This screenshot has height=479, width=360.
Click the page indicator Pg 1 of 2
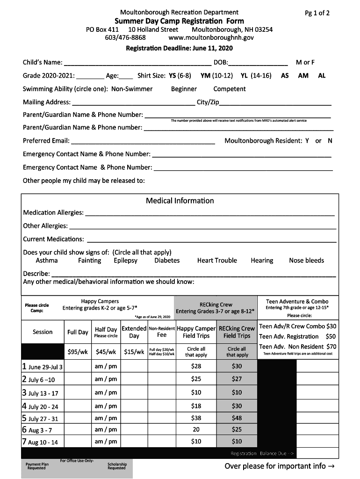coord(317,13)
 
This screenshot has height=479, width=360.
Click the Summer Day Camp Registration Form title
coord(180,21)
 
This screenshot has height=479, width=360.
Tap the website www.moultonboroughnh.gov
coord(211,37)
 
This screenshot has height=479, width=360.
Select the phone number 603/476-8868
coord(125,37)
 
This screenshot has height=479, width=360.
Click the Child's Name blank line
coord(137,63)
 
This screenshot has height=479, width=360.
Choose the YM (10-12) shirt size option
coord(216,76)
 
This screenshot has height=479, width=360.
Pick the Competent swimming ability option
coord(229,89)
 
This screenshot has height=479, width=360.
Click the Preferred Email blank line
coord(143,141)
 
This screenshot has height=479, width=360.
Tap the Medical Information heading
coord(180,201)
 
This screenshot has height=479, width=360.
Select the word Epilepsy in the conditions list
coord(125,261)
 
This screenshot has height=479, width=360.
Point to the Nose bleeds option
coord(306,261)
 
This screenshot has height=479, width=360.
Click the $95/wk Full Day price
coord(77,352)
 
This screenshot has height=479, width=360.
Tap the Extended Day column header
coord(134,332)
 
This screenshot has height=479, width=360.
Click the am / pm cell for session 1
coord(106,367)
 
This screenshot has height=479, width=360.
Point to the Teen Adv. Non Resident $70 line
coord(297,347)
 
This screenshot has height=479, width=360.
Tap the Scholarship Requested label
coord(116,466)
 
